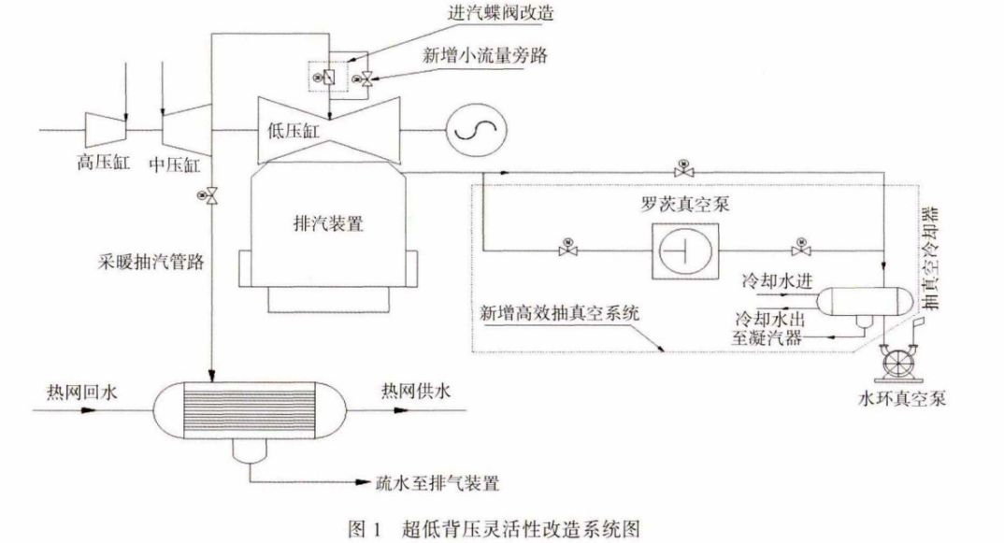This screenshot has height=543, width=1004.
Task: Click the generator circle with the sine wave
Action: (466, 130)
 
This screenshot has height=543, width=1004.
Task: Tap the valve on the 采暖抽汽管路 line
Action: (211, 195)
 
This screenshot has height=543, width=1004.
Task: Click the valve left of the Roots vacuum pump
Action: (566, 250)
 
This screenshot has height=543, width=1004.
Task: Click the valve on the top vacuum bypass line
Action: (683, 174)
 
